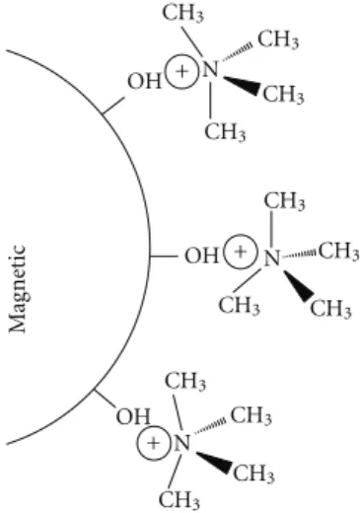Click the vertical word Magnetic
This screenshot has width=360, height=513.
17,288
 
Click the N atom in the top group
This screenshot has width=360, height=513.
210,69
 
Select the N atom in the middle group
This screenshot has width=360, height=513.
271,257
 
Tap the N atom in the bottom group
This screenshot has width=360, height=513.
181,443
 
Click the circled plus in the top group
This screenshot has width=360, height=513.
181,72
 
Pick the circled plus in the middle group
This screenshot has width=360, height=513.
241,252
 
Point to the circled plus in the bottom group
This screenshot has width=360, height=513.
153,443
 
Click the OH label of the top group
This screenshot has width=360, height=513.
145,81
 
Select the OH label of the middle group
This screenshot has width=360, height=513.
201,256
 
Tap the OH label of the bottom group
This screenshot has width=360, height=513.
133,416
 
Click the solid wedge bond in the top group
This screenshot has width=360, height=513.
242,84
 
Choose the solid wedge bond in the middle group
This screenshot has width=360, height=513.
298,285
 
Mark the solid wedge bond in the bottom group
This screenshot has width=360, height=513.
215,462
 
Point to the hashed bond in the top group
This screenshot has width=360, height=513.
238,52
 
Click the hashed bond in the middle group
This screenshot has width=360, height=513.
299,255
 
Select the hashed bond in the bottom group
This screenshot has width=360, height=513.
210,426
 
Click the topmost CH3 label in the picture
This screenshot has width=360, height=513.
183,14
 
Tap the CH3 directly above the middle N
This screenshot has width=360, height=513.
285,201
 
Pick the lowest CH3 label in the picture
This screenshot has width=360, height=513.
180,500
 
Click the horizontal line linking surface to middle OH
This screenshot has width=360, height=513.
164,256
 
